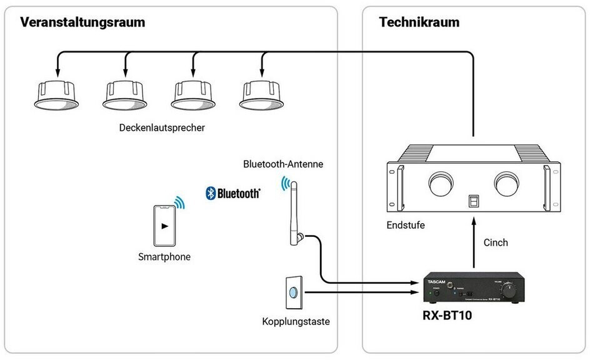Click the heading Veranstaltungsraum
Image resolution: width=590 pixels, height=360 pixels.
coord(82,22)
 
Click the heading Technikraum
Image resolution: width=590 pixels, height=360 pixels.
coord(419,22)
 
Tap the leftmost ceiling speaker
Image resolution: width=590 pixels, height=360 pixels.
coord(56,94)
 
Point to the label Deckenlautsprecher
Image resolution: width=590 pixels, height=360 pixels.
coord(162,127)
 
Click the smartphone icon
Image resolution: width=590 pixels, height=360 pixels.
coord(164,226)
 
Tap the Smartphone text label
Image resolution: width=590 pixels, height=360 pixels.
coord(164,257)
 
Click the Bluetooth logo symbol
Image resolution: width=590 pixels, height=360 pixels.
coord(211,193)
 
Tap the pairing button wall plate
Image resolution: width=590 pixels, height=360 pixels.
coord(294,292)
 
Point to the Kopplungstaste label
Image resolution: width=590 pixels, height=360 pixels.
coord(296,322)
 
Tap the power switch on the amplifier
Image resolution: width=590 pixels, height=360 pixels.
coord(473,202)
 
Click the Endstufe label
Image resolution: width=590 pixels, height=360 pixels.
coord(406,225)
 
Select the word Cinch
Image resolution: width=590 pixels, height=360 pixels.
coord(496,242)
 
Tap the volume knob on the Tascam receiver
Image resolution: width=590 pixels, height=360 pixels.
coord(511,289)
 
